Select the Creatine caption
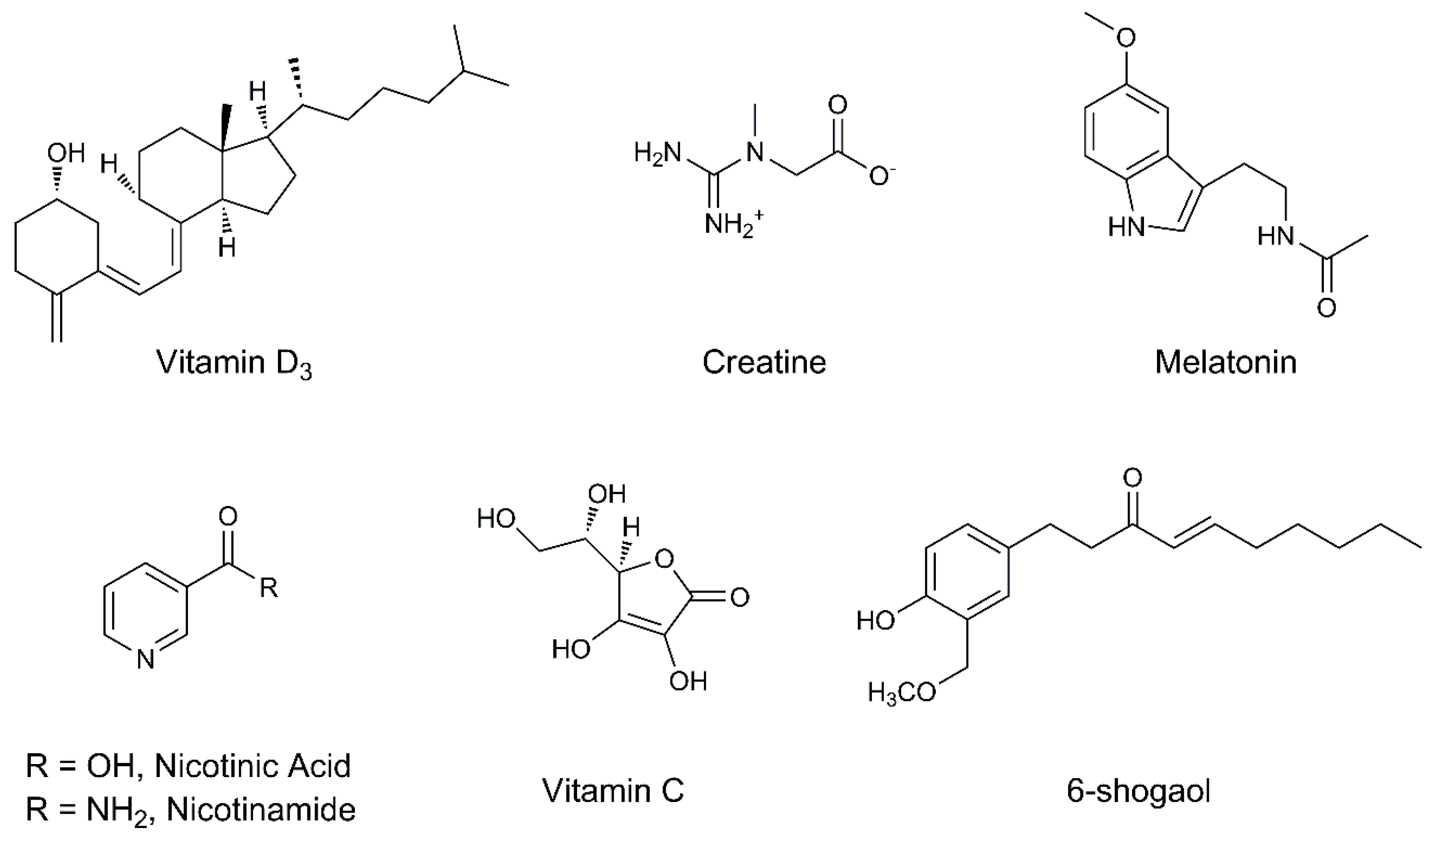tap(764, 362)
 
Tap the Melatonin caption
tap(1225, 362)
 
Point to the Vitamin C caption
tap(613, 791)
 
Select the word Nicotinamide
tap(261, 809)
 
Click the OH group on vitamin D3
tap(65, 153)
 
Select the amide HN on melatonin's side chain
tap(1275, 235)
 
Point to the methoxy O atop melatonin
tap(1125, 38)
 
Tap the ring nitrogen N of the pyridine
tap(146, 660)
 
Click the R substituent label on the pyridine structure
tap(269, 587)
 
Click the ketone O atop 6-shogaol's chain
tap(1133, 477)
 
